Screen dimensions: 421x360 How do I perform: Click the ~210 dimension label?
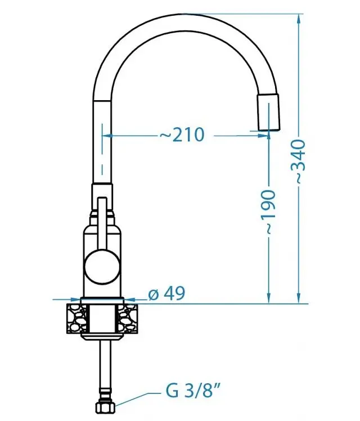pos(182,135)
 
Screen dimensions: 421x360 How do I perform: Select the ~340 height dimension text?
pos(299,161)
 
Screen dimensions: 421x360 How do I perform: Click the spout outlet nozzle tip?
pos(268,113)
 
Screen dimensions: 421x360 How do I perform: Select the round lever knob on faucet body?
pos(102,267)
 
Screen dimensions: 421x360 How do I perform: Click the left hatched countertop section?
pos(74,318)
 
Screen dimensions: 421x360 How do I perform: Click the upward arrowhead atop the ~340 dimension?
pos(299,17)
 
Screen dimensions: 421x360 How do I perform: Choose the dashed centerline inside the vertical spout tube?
pos(102,149)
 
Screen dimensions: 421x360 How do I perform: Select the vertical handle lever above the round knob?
pos(102,222)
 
